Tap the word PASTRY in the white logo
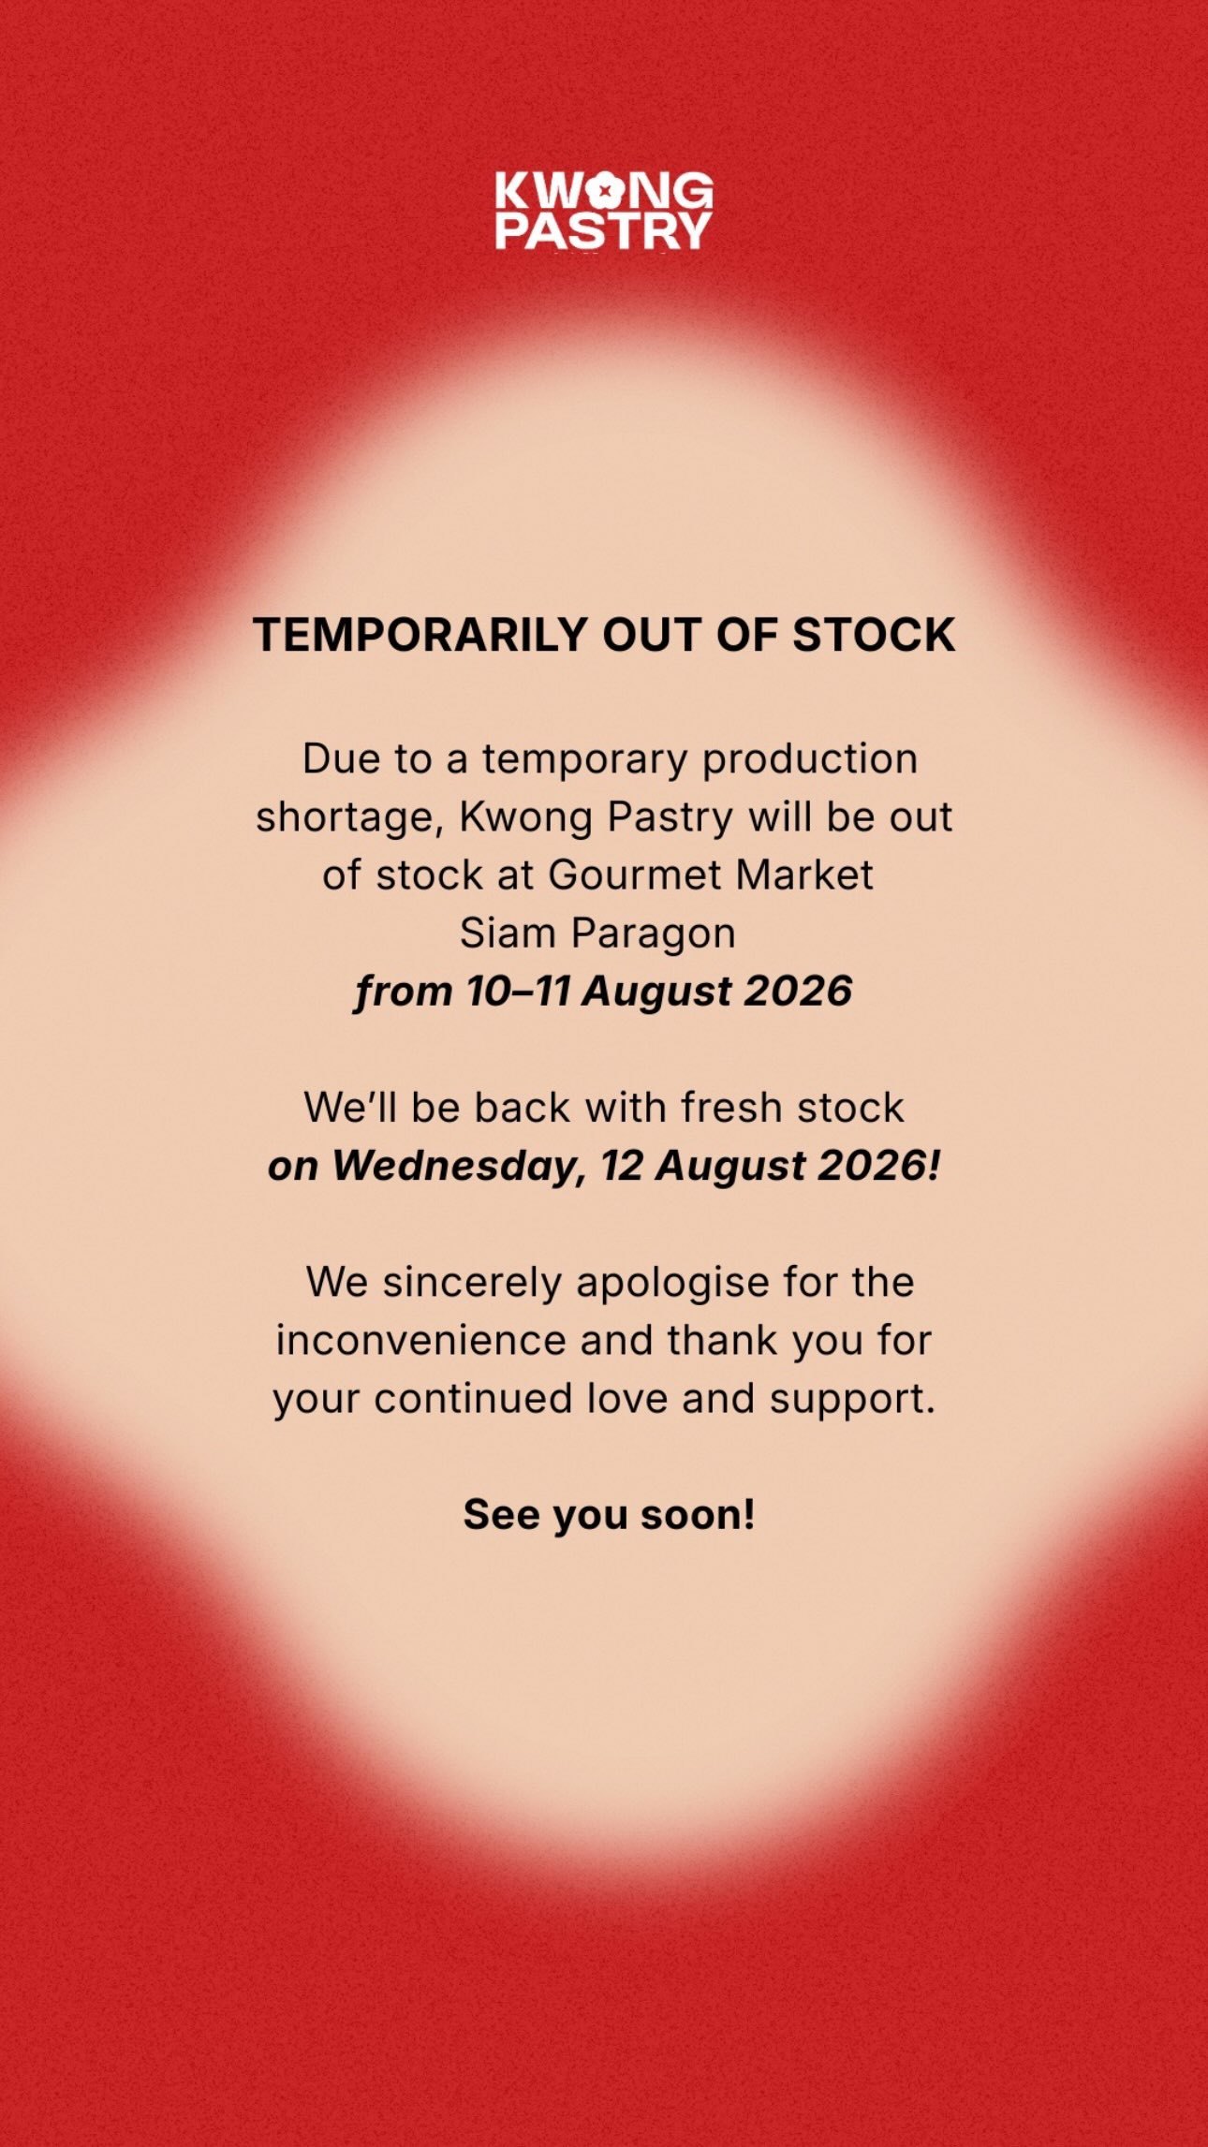[x=603, y=231]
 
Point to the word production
[x=810, y=760]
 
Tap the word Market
[x=804, y=875]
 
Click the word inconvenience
[x=421, y=1341]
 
